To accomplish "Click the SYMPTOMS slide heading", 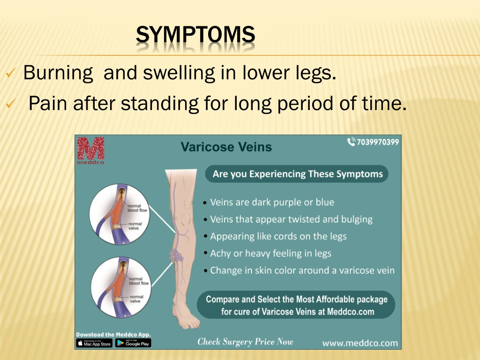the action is click(x=195, y=34).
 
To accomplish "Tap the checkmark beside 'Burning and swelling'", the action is click(x=10, y=73).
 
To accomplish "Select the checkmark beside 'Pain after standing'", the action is click(x=10, y=104).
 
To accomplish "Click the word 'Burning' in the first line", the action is click(x=58, y=73).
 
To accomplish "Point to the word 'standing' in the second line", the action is click(x=159, y=104).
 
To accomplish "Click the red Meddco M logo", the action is click(x=90, y=150).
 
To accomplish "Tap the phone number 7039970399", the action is click(x=374, y=142).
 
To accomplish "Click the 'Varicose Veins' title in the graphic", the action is click(x=226, y=147).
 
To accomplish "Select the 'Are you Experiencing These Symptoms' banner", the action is click(x=297, y=174).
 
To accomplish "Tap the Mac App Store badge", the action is click(x=94, y=344).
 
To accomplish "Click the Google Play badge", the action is click(x=133, y=344).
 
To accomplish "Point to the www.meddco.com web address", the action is click(x=360, y=343).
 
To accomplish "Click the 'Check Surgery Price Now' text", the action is click(x=245, y=342).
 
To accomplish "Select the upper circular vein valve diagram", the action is click(x=120, y=214).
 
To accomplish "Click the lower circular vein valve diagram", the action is click(x=121, y=287).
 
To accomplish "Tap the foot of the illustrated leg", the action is click(x=185, y=315).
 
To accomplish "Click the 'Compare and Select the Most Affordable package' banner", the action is click(x=296, y=305).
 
